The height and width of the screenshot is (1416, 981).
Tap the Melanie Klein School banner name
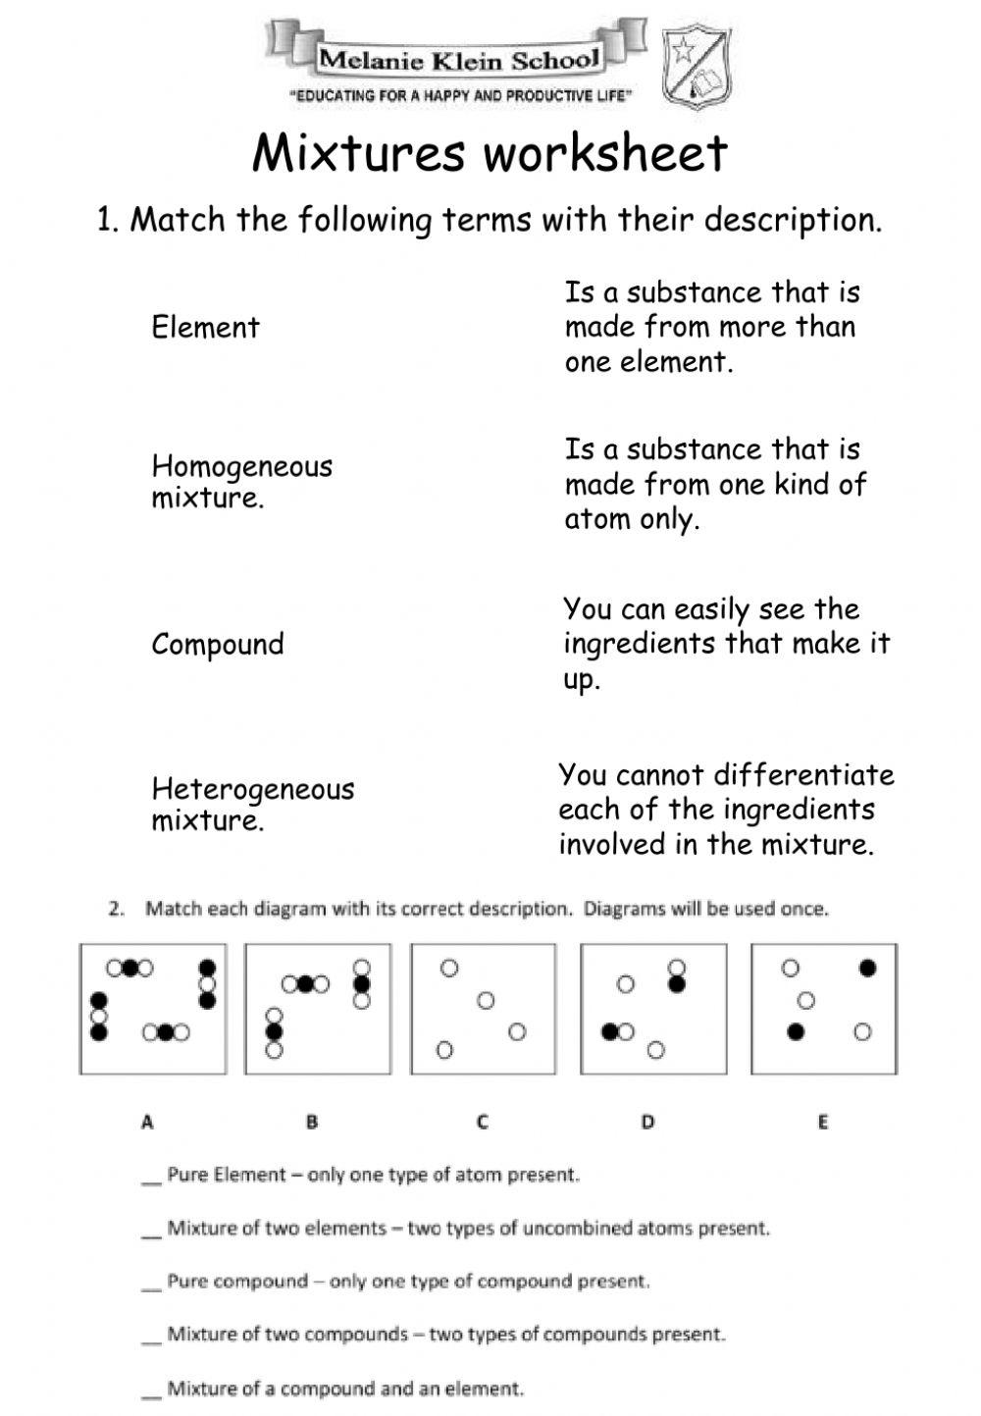[x=457, y=60]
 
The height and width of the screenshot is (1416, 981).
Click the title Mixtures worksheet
[x=490, y=153]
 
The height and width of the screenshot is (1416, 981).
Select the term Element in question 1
[x=205, y=327]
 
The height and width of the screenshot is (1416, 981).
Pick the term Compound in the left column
[x=218, y=644]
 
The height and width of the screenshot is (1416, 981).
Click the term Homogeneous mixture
[x=241, y=481]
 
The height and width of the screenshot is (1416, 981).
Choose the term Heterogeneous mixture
[x=252, y=804]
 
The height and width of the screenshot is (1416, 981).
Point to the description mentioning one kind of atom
[x=715, y=484]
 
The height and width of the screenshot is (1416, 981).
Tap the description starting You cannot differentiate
[x=726, y=810]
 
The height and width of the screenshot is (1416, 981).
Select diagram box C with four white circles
[x=483, y=1009]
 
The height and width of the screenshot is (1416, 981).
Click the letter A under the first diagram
[x=147, y=1121]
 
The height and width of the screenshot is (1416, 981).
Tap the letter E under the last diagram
[x=822, y=1121]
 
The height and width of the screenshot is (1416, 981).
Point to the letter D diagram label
[x=647, y=1121]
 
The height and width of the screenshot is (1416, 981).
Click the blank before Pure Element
[x=150, y=1177]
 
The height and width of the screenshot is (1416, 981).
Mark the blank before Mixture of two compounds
[x=150, y=1337]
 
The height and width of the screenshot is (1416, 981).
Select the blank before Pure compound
[x=150, y=1284]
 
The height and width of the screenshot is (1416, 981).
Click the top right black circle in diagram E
[x=867, y=969]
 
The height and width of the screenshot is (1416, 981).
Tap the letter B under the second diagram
[x=312, y=1121]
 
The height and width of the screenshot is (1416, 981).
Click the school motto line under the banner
[x=459, y=96]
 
